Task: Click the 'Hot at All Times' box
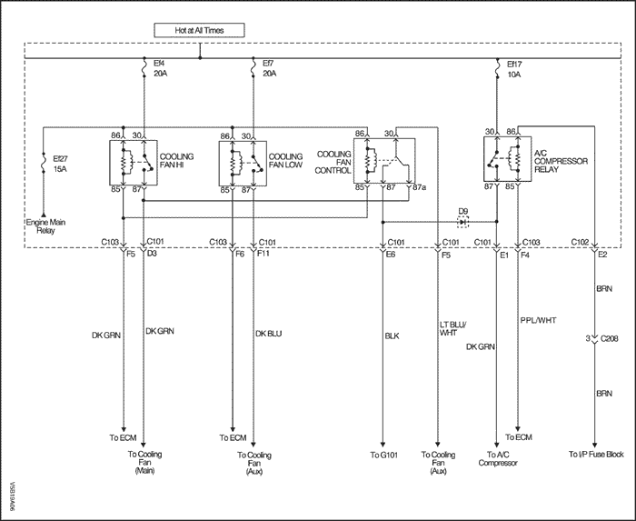(x=199, y=30)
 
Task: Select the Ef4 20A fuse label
(x=161, y=68)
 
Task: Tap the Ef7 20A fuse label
(x=270, y=68)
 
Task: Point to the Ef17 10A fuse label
(x=514, y=69)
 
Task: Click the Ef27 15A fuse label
(x=61, y=164)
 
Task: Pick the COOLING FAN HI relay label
(x=176, y=161)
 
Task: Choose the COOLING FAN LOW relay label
(x=285, y=161)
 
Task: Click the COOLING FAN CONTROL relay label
(x=333, y=163)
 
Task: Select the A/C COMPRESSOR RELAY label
(x=561, y=161)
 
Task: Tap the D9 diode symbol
(x=462, y=222)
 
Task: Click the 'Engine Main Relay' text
(x=45, y=226)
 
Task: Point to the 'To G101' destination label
(x=383, y=455)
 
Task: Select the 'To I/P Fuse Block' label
(x=596, y=454)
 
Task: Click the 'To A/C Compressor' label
(x=498, y=459)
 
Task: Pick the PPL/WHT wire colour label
(x=538, y=320)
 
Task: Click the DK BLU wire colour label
(x=269, y=334)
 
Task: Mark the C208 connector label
(x=610, y=338)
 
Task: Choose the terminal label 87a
(x=420, y=187)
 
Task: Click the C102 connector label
(x=580, y=242)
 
